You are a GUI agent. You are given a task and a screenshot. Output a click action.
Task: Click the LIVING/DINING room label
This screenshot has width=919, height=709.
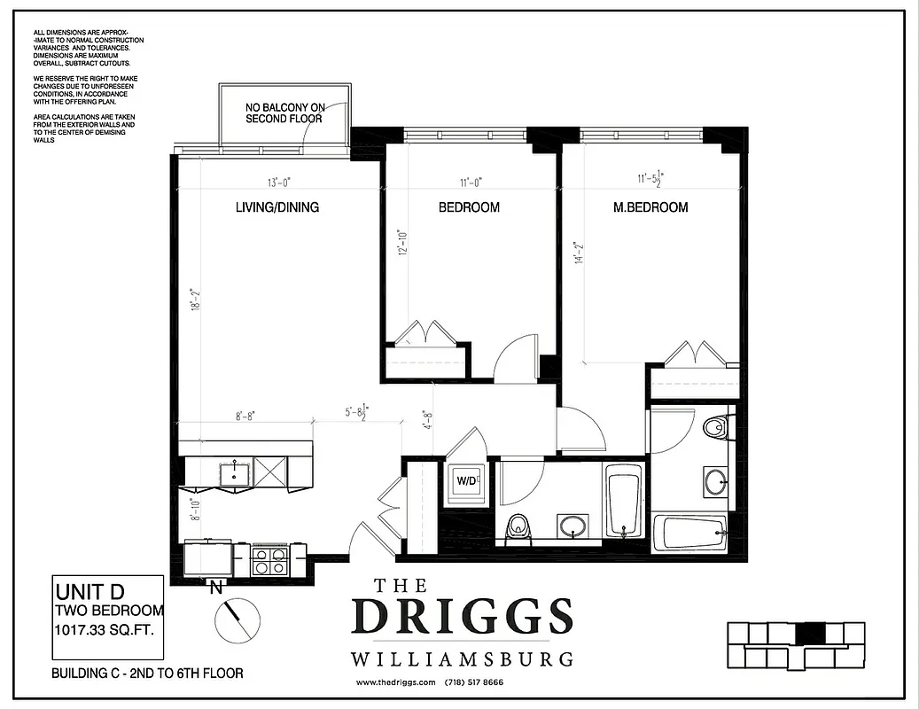[x=276, y=207]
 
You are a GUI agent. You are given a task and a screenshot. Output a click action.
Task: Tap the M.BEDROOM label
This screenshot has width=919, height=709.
[x=650, y=207]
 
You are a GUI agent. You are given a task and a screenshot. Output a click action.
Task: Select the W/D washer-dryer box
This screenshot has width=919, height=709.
[x=466, y=482]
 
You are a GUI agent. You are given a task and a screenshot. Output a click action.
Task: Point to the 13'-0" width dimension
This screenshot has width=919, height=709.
[x=279, y=183]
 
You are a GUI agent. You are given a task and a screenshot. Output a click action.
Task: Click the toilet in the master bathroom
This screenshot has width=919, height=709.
[x=716, y=428]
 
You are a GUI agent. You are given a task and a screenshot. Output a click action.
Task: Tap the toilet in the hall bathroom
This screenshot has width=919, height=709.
[x=517, y=528]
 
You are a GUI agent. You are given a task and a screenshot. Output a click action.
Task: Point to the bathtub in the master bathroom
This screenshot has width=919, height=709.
[x=689, y=534]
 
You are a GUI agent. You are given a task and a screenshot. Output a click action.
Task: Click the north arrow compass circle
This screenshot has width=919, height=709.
[x=237, y=618]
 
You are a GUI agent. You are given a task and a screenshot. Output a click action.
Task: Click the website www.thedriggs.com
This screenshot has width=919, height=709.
[x=396, y=682]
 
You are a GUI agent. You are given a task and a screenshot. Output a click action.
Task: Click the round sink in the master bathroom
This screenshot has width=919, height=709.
[x=715, y=482]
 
